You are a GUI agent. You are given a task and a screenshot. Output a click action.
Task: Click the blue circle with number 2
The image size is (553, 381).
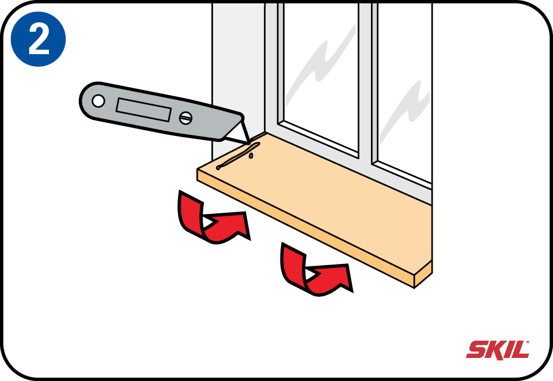[38, 39]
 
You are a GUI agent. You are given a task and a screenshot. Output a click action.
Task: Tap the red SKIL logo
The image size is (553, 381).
[498, 350]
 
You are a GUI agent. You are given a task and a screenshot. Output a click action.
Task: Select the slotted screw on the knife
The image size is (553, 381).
[185, 118]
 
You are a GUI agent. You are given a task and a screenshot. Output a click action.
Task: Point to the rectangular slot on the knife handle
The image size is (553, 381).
[143, 110]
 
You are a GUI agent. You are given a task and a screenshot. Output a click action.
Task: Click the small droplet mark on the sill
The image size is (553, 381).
[251, 155]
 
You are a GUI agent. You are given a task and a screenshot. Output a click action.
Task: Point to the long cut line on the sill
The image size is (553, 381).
[238, 156]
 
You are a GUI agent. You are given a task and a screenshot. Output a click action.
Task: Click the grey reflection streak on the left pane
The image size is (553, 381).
[319, 67]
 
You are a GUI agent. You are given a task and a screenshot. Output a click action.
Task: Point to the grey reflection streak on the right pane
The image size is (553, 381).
[406, 110]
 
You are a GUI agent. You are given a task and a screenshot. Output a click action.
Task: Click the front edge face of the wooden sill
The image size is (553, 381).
[305, 229]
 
